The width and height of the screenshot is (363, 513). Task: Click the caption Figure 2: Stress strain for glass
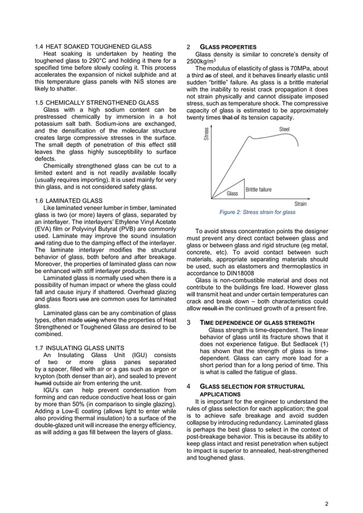click(x=257, y=212)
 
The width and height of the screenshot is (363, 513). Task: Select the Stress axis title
click(x=207, y=134)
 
